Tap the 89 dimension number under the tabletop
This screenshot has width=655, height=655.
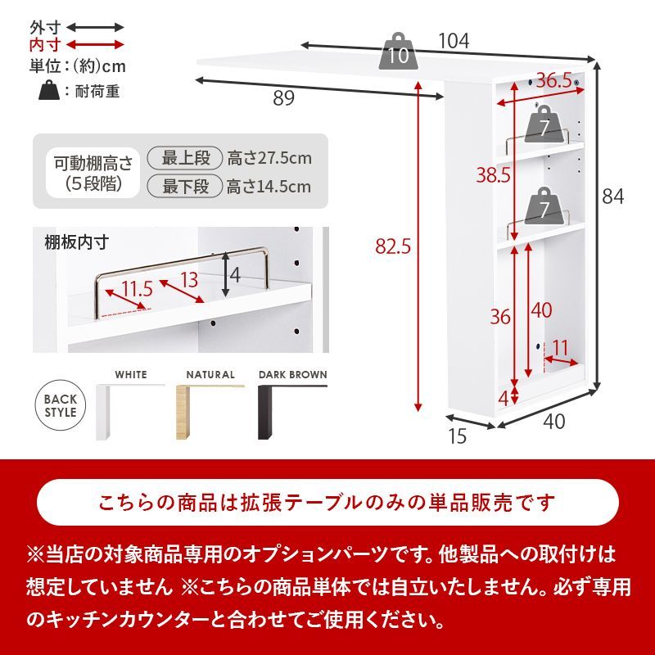[284, 98]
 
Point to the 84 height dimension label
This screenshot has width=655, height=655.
[613, 196]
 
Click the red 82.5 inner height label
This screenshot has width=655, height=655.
[391, 246]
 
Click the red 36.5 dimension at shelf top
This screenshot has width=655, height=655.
[554, 80]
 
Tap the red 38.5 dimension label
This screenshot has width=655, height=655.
[495, 174]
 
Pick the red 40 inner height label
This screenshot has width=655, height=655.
[540, 310]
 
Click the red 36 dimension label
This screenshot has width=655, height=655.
[500, 317]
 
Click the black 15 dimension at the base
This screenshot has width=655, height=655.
[458, 436]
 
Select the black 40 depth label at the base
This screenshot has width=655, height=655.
[554, 422]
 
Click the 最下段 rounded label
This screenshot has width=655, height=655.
[186, 187]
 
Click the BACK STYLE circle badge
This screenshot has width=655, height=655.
[61, 405]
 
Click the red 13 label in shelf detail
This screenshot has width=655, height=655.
[189, 280]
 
